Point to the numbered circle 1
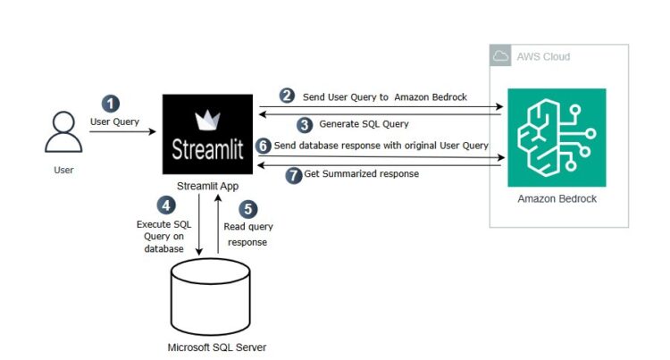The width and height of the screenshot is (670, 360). pos(110,104)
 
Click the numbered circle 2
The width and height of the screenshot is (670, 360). pos(287,95)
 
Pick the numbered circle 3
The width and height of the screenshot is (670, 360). pos(305,124)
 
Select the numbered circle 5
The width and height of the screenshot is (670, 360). pos(247,210)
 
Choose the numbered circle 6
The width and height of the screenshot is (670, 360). pos(262,145)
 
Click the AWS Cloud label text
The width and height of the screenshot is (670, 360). pos(543,57)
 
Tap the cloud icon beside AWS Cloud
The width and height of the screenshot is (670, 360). pos(501,56)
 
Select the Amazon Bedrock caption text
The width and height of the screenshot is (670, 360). pos(557,198)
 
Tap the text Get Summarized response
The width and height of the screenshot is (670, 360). pos(361,173)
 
